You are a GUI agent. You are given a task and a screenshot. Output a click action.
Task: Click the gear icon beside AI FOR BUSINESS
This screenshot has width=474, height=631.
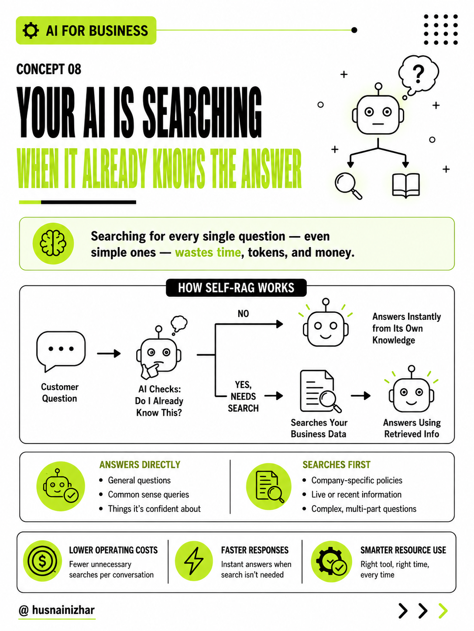click(31, 31)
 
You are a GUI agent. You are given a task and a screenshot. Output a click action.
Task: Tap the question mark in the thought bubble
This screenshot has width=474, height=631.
click(418, 74)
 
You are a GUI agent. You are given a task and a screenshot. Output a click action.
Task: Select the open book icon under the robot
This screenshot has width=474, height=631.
click(406, 185)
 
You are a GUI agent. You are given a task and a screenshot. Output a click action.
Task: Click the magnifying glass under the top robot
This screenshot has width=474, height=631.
click(348, 185)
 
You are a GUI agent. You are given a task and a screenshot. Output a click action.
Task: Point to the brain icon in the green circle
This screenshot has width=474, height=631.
click(53, 243)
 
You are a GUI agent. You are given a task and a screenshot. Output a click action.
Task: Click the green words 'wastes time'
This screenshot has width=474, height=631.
click(208, 252)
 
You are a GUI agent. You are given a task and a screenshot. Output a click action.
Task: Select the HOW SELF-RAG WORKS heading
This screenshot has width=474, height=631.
click(236, 288)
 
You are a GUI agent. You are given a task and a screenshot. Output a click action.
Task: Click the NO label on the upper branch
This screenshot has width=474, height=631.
click(243, 313)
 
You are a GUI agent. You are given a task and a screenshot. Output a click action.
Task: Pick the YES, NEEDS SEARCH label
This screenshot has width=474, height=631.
click(243, 396)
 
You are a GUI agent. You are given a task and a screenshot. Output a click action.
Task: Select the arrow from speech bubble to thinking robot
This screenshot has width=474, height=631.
click(109, 353)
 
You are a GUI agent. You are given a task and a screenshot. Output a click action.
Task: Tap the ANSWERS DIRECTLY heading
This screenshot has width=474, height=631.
click(140, 465)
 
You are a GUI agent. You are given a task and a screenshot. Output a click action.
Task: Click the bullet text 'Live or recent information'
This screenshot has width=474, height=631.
click(356, 494)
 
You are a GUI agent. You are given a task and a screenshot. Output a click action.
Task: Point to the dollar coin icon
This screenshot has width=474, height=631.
click(42, 560)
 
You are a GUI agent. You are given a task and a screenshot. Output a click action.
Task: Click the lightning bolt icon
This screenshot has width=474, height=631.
click(194, 560)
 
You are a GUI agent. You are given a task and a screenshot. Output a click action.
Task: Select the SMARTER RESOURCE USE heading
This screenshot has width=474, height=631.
click(403, 550)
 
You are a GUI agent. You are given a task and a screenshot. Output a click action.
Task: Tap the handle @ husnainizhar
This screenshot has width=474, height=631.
click(57, 610)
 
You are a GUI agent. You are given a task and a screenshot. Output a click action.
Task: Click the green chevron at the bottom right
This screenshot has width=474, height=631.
click(443, 611)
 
